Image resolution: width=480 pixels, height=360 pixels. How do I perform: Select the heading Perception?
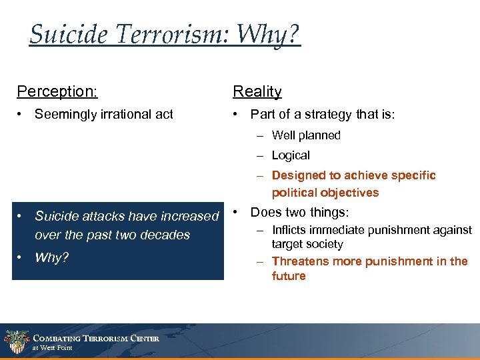click(x=57, y=91)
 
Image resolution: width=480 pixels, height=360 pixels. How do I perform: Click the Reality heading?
click(x=257, y=91)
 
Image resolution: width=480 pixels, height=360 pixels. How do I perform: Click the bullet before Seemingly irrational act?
click(x=22, y=115)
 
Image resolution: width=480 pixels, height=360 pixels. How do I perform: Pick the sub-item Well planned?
click(x=306, y=135)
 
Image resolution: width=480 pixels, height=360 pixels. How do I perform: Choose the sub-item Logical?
click(x=291, y=155)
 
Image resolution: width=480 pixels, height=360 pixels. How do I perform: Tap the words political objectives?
click(x=325, y=193)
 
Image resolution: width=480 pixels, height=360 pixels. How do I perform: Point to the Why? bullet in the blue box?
click(x=51, y=257)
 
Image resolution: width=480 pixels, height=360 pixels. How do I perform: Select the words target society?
click(x=307, y=245)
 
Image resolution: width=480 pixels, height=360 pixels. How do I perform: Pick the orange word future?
click(x=289, y=276)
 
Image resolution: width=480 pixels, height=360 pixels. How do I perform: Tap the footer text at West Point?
click(x=53, y=348)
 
